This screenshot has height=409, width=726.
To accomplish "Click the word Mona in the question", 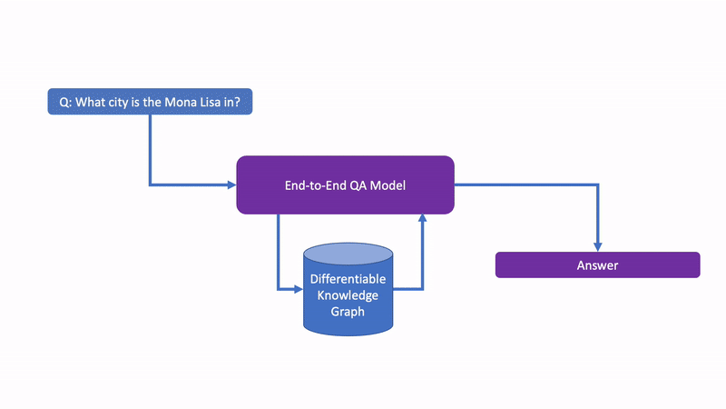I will coord(182,103).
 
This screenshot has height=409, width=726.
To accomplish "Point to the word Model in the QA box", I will coord(388,185).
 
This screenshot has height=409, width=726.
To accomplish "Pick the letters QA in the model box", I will coord(358,185).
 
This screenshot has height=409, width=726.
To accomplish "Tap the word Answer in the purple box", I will coord(597,265).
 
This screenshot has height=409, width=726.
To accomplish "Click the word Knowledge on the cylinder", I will coord(348,295).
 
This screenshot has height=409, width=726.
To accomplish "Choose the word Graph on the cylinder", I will coord(348,311).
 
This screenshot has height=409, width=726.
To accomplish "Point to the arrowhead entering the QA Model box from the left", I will coord(231,185).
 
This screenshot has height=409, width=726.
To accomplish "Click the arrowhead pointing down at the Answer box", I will coord(597,246).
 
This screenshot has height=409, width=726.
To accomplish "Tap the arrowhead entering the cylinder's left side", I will coord(297,290).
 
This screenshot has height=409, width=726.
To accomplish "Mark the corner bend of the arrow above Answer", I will coord(597,185).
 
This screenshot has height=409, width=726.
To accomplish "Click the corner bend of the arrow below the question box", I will coord(151,185).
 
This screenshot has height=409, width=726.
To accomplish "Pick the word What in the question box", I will coord(90,103).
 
